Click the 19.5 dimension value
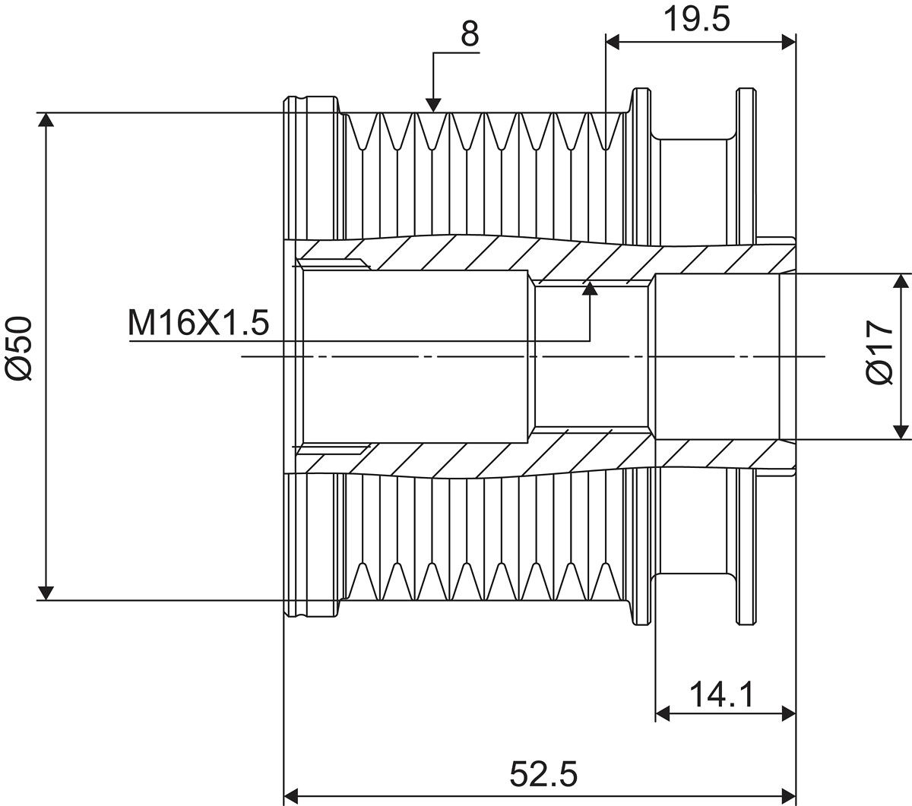coord(696,20)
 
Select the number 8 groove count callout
coord(470,33)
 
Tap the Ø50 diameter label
coord(19,349)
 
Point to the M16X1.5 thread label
coord(198,323)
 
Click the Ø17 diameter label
coord(880,352)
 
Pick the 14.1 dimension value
coord(721,695)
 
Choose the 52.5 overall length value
coord(543,774)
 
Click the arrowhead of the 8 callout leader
coord(433,105)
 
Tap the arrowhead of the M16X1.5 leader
coord(590,288)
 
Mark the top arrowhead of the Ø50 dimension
coord(46,120)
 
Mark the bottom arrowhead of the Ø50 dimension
coord(46,593)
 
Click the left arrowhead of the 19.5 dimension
coord(613,43)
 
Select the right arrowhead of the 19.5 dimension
coord(789,43)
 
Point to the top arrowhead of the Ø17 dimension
coord(901,281)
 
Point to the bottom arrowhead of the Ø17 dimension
coord(901,431)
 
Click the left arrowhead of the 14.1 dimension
coord(663,713)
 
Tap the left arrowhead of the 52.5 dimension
coord(292,795)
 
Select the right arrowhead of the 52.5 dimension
coord(789,795)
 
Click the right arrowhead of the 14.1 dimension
coord(789,713)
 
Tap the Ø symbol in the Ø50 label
coord(19,367)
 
